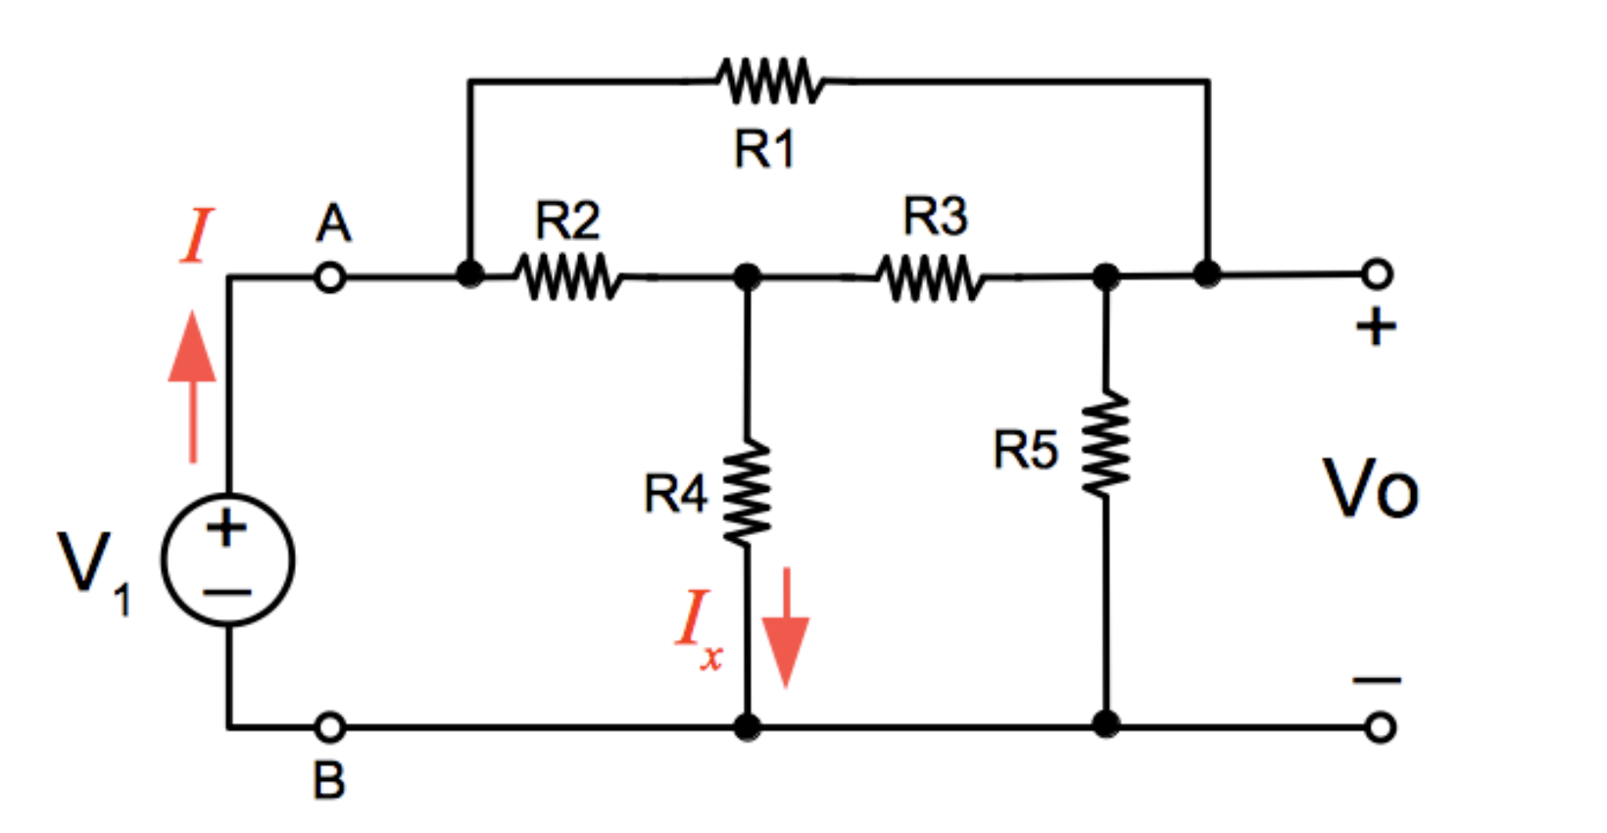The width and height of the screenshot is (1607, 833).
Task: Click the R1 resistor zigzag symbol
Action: (769, 80)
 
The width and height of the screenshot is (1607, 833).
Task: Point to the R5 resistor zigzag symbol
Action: (1106, 443)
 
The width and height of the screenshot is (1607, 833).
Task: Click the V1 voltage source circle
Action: (227, 560)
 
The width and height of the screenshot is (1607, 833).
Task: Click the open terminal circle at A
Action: (331, 277)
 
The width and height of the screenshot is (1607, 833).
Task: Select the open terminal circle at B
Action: (331, 727)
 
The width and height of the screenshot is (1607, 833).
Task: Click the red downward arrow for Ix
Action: (786, 627)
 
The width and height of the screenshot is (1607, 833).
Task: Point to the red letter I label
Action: (196, 236)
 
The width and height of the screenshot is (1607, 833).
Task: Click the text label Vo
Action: (1371, 489)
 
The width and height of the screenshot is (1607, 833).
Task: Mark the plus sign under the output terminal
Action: (1376, 326)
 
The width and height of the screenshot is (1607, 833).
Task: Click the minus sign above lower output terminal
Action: (1377, 679)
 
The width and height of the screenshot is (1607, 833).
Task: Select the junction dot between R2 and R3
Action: (747, 277)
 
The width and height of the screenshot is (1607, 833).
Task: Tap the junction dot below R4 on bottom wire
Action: (747, 727)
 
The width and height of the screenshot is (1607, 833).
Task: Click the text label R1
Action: (764, 150)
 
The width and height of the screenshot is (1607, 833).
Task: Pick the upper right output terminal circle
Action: (1377, 273)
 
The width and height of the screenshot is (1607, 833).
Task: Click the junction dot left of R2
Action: (470, 273)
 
